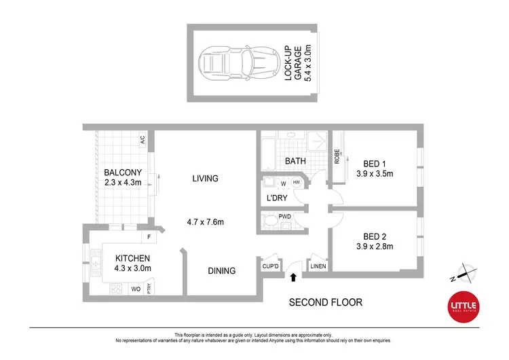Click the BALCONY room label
[x=123, y=173]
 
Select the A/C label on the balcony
[x=143, y=141]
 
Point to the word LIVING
[x=205, y=179]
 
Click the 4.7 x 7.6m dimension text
[x=206, y=222]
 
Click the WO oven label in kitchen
[x=135, y=289]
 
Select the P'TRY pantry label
[x=148, y=289]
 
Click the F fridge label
[x=149, y=237]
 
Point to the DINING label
[x=221, y=271]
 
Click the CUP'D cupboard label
[x=270, y=266]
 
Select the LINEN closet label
[x=318, y=266]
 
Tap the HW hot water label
[x=296, y=183]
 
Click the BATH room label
[x=295, y=162]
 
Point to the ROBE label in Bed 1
[x=337, y=156]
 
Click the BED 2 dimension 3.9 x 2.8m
[x=375, y=247]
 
